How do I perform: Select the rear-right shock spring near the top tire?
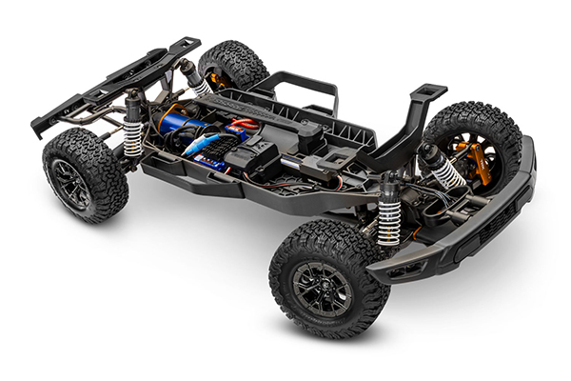point(202,86)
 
